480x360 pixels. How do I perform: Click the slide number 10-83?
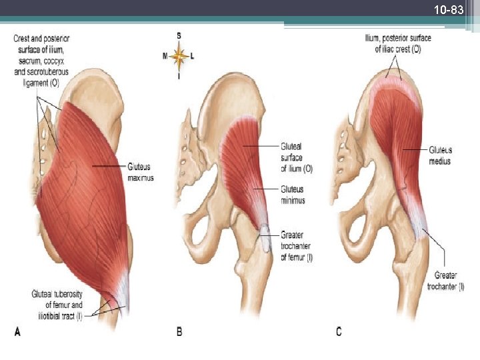448,10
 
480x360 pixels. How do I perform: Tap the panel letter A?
18,331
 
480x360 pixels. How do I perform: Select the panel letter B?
179,331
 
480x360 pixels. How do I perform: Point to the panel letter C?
339,331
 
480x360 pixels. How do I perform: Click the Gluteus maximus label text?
141,172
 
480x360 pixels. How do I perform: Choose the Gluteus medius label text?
440,156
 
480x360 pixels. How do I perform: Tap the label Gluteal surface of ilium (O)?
296,157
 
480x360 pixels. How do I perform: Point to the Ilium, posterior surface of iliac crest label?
397,43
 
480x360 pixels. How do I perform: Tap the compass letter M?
165,57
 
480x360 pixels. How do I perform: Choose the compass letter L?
193,57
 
